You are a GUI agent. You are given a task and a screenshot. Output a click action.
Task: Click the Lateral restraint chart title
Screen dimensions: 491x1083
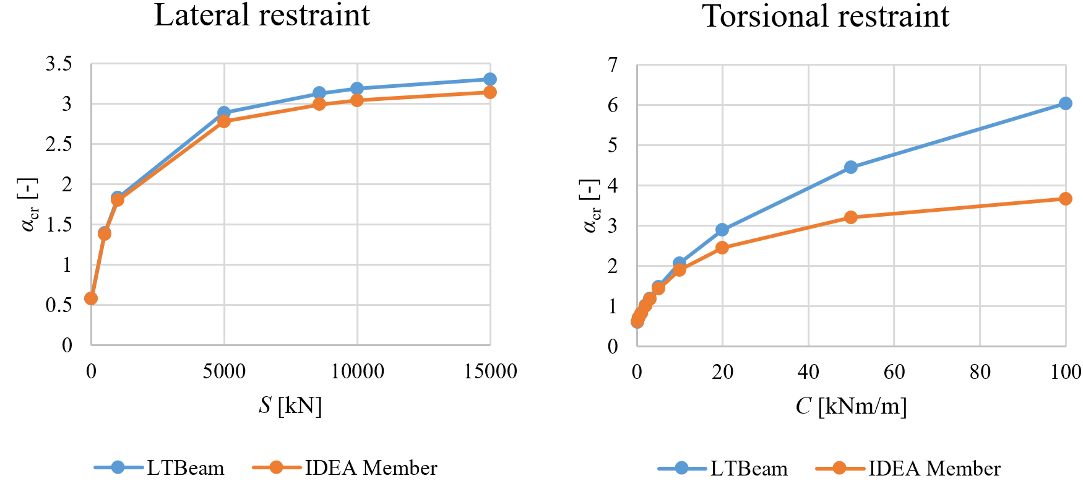pos(262,15)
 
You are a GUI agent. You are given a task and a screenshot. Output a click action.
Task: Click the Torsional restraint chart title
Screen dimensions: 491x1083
pos(826,17)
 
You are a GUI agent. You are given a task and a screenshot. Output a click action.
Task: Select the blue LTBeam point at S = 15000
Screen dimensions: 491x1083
pos(490,79)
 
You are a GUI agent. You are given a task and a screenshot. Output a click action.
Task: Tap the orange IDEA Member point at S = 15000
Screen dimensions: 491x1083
pos(490,92)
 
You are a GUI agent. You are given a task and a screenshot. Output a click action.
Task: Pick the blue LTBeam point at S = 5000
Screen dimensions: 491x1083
pos(224,113)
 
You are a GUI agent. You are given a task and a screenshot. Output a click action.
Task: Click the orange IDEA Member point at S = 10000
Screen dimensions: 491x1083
pos(357,100)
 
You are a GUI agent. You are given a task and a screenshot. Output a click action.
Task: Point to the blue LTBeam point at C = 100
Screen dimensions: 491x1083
pos(1065,103)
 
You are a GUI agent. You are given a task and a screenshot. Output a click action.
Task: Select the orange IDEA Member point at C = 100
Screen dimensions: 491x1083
pos(1065,199)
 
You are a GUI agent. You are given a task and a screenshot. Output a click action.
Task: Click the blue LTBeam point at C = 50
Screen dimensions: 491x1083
pos(851,167)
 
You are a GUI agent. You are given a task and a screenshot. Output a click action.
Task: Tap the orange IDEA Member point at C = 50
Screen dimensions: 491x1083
pos(851,217)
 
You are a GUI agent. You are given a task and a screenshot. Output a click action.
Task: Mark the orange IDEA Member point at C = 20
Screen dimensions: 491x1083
pos(722,248)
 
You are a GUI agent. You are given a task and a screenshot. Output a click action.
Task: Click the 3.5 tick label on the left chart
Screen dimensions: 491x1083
pos(59,64)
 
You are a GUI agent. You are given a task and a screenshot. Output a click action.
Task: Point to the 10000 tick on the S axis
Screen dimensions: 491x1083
pos(357,372)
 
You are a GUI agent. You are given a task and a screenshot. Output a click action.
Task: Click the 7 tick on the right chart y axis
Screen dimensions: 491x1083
pos(613,65)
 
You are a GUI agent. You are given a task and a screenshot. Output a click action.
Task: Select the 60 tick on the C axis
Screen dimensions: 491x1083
pos(894,372)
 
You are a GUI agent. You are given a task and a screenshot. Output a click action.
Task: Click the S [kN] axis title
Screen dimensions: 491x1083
pos(290,406)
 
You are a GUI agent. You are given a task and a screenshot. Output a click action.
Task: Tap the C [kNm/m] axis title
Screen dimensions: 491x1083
pos(851,406)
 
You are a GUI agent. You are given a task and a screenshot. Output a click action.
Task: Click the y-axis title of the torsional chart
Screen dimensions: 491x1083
pos(591,206)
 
